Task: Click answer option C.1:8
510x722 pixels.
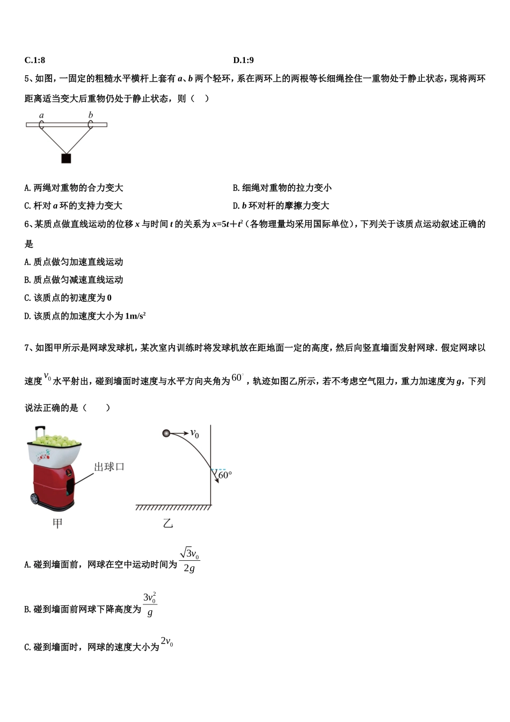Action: point(35,60)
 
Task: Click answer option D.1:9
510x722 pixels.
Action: point(243,60)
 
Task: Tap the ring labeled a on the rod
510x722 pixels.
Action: point(41,125)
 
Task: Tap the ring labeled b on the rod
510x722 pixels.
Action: point(90,125)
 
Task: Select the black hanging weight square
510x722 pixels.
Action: point(66,158)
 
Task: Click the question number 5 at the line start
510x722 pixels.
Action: point(27,78)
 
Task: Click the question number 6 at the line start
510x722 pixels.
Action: point(27,224)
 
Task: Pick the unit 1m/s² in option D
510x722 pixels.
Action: point(135,316)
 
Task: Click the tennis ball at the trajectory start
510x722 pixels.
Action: point(166,433)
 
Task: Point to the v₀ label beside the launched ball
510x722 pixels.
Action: point(194,434)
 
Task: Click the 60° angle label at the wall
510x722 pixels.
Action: point(225,475)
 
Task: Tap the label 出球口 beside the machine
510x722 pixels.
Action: point(109,467)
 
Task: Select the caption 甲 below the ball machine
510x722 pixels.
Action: point(57,523)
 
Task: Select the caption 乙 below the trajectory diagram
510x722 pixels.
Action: point(168,523)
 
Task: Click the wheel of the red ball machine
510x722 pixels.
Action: point(35,499)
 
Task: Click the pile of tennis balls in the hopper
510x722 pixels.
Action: point(54,440)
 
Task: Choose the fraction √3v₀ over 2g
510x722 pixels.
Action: point(190,560)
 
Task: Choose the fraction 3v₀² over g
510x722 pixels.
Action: point(150,604)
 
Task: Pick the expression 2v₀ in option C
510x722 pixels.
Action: point(167,641)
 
